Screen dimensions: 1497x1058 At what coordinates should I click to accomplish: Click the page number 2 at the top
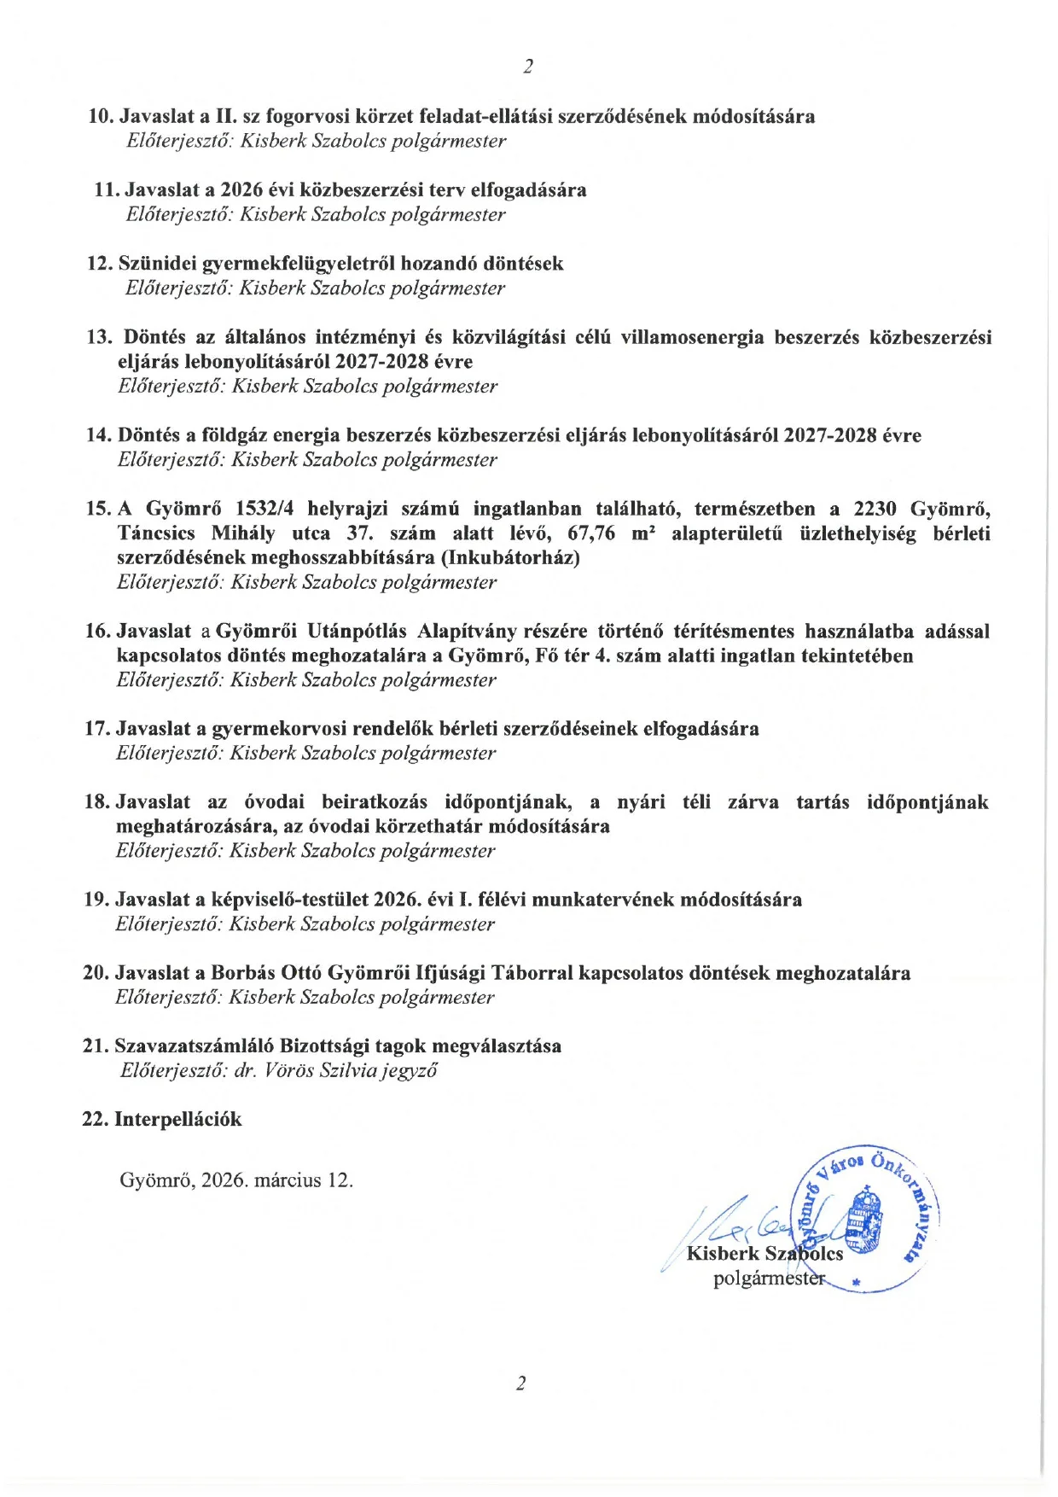528,67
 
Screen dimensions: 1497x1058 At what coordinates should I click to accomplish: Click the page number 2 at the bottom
520,1383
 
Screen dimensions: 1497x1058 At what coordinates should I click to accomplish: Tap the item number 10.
101,116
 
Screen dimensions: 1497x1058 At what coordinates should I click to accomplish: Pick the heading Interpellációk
178,1119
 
